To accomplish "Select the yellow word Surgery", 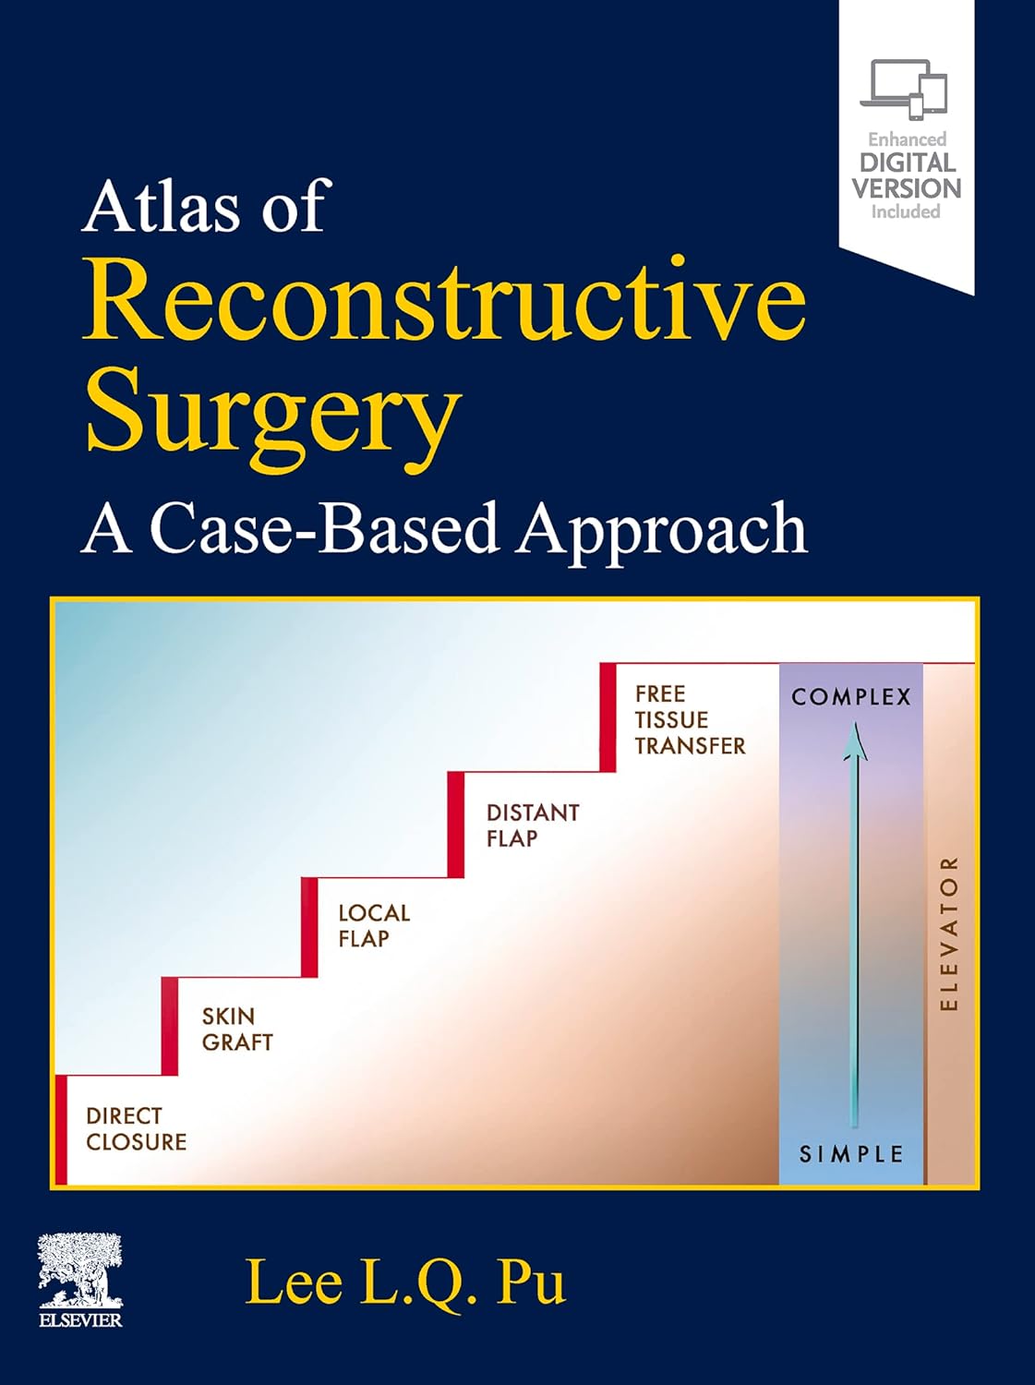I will pyautogui.click(x=273, y=412).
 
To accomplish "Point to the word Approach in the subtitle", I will pyautogui.click(x=661, y=531).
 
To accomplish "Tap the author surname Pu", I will pyautogui.click(x=530, y=1283).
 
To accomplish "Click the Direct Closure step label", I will pyautogui.click(x=136, y=1129).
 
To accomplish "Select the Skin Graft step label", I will pyautogui.click(x=236, y=1030).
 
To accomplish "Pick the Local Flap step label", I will pyautogui.click(x=373, y=926).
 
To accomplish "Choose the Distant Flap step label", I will pyautogui.click(x=532, y=825).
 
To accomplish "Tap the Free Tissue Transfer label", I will pyautogui.click(x=689, y=720).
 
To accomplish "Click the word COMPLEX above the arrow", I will pyautogui.click(x=850, y=697).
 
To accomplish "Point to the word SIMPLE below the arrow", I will pyautogui.click(x=850, y=1154).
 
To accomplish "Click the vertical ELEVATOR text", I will pyautogui.click(x=949, y=933).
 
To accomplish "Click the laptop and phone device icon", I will pyautogui.click(x=904, y=90).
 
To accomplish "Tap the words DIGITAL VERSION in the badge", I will pyautogui.click(x=906, y=175).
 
